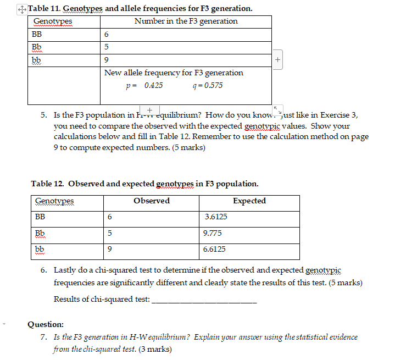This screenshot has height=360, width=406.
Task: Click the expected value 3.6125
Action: click(x=215, y=217)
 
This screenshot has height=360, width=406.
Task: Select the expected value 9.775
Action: click(x=212, y=233)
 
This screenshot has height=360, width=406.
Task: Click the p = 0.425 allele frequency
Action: click(x=144, y=86)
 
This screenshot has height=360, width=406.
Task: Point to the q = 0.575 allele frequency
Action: click(x=208, y=86)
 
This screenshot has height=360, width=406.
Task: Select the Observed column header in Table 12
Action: click(x=152, y=201)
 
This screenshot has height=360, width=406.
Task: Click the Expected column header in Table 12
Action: click(x=249, y=201)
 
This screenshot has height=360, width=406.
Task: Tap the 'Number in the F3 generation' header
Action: click(x=186, y=21)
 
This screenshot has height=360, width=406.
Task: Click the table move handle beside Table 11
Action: click(x=21, y=9)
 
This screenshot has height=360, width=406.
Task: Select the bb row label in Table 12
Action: click(x=40, y=249)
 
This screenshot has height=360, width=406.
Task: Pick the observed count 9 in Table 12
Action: click(x=110, y=249)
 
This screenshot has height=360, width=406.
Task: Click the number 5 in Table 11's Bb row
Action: click(x=107, y=47)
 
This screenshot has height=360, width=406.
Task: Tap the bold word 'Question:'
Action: click(x=46, y=324)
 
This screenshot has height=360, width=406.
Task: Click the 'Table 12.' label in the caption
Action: click(x=48, y=184)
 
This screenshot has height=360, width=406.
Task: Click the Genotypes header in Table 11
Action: click(x=52, y=21)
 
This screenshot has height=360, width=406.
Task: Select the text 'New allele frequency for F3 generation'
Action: click(x=174, y=73)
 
